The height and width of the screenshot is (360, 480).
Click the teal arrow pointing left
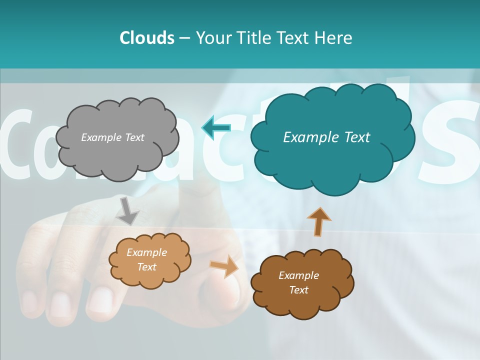point(216,128)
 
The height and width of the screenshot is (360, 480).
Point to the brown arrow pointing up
point(318,221)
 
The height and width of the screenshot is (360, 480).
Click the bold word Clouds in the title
point(147,38)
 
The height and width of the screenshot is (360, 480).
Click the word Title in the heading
point(254,38)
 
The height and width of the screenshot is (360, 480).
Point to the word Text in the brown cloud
point(298,290)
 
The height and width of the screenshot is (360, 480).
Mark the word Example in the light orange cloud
point(146,252)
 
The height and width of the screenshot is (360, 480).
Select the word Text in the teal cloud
point(356,137)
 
